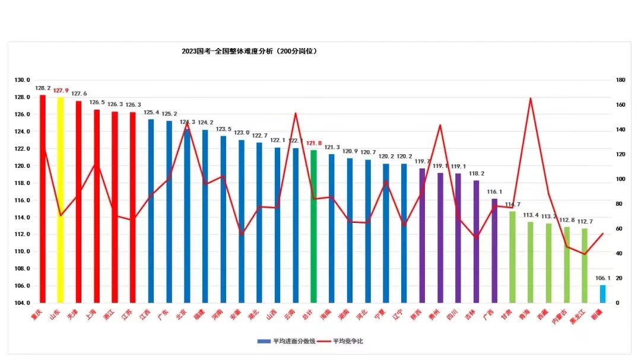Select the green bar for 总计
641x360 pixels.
[x=313, y=226]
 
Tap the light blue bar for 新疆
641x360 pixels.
[x=602, y=294]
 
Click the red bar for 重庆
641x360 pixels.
[x=42, y=199]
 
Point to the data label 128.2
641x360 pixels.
[x=43, y=88]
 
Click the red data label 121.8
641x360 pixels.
[x=314, y=143]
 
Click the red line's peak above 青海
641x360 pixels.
[x=530, y=98]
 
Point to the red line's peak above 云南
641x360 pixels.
[x=296, y=113]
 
